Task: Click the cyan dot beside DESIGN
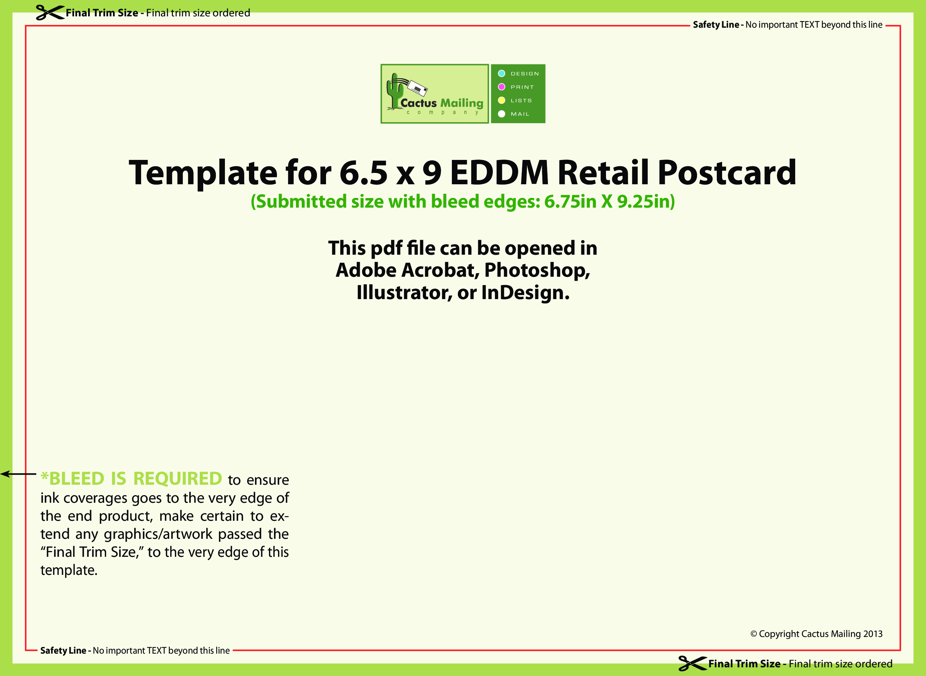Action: pyautogui.click(x=502, y=74)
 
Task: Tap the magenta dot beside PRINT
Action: pyautogui.click(x=502, y=87)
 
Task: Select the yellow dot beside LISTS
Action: pyautogui.click(x=502, y=100)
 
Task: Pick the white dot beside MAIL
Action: pyautogui.click(x=502, y=114)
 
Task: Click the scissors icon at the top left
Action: pyautogui.click(x=50, y=12)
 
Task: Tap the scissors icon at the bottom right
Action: pyautogui.click(x=692, y=663)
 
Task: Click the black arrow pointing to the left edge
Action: pyautogui.click(x=18, y=474)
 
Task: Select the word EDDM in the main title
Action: pyautogui.click(x=500, y=173)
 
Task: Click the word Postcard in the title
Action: pyautogui.click(x=727, y=173)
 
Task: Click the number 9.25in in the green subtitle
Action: pyautogui.click(x=646, y=201)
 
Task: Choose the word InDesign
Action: pyautogui.click(x=525, y=292)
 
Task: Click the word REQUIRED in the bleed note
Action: pyautogui.click(x=178, y=479)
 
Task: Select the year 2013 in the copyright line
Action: pyautogui.click(x=872, y=634)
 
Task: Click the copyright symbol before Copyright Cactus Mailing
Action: pyautogui.click(x=754, y=634)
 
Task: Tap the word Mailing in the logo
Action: pyautogui.click(x=462, y=103)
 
